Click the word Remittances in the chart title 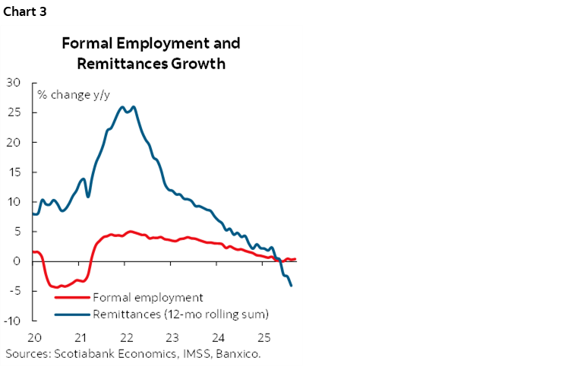(115, 63)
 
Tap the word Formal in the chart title (88, 43)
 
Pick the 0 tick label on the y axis (18, 261)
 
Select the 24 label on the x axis (218, 337)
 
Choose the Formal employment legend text (147, 297)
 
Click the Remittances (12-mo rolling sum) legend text (181, 313)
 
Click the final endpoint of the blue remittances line (292, 286)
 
